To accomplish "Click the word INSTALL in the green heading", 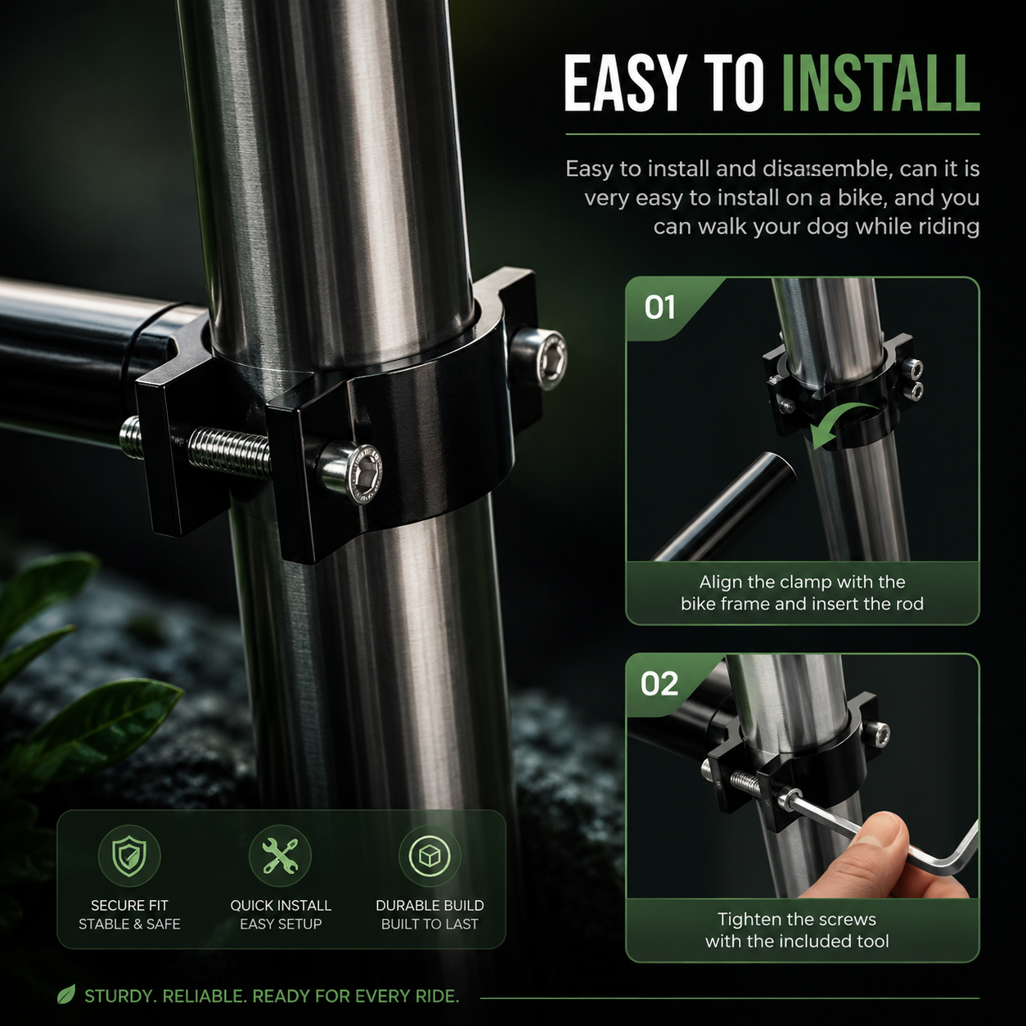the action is (x=881, y=84).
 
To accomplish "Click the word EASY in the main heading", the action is (x=623, y=84).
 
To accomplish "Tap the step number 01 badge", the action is (x=659, y=307).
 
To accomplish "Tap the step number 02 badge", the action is (x=659, y=684).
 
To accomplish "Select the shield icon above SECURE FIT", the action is (x=129, y=856).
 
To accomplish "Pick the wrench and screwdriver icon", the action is (x=280, y=856).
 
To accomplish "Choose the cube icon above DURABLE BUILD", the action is (x=430, y=856).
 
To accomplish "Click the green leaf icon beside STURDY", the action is (x=66, y=994).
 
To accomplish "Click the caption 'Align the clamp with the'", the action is (x=802, y=582).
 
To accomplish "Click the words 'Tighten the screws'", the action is (x=797, y=919).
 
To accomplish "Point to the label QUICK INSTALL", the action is (x=281, y=905).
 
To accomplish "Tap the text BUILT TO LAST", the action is (x=430, y=924).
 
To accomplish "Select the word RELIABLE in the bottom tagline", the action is (x=202, y=996).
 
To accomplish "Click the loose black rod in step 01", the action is (x=724, y=506).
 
